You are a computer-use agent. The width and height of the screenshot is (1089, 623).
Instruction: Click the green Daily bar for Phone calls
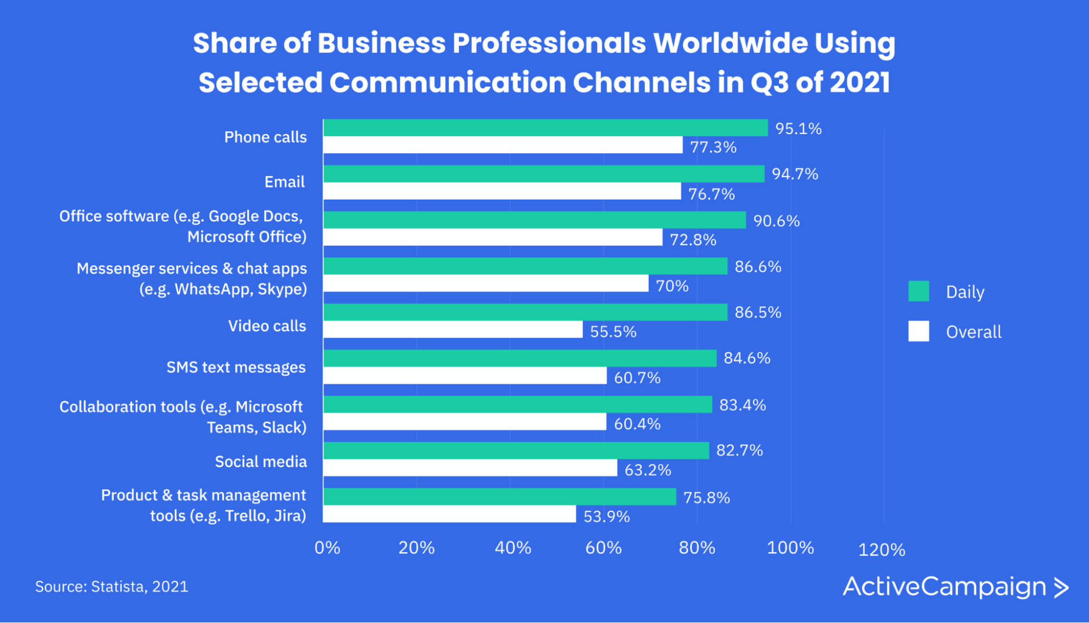pos(544,128)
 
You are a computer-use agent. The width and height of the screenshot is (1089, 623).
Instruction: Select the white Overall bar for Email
pos(502,191)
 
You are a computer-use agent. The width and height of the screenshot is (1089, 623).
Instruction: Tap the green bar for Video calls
pos(525,312)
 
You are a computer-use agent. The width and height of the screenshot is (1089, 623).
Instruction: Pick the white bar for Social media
pos(470,468)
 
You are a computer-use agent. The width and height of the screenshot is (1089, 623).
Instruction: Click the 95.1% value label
pos(798,129)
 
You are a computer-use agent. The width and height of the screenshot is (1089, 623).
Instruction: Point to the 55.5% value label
pos(613,331)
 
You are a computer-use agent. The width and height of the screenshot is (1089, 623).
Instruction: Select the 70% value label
pos(672,285)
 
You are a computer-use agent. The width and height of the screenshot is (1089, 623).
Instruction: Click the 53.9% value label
pos(606,516)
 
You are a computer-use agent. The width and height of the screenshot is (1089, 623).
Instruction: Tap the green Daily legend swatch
pos(918,291)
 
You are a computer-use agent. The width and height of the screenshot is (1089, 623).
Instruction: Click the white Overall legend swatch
pos(918,331)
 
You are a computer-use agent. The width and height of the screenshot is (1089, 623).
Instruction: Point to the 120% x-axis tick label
pos(881,550)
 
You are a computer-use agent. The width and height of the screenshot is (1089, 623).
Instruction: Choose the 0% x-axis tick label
pos(327,548)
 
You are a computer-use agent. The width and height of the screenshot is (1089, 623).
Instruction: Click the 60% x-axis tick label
pos(603,548)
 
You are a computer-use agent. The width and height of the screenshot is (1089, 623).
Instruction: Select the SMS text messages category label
pos(236,367)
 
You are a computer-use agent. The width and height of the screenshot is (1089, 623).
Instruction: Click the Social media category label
pos(260,461)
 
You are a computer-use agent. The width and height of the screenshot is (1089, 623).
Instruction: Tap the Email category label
pos(284,182)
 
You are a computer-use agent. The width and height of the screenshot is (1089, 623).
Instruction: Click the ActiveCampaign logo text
pos(944,587)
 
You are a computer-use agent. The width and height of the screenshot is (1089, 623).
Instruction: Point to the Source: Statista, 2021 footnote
pos(112,586)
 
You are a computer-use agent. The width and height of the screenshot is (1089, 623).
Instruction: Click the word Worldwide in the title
pos(730,43)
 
